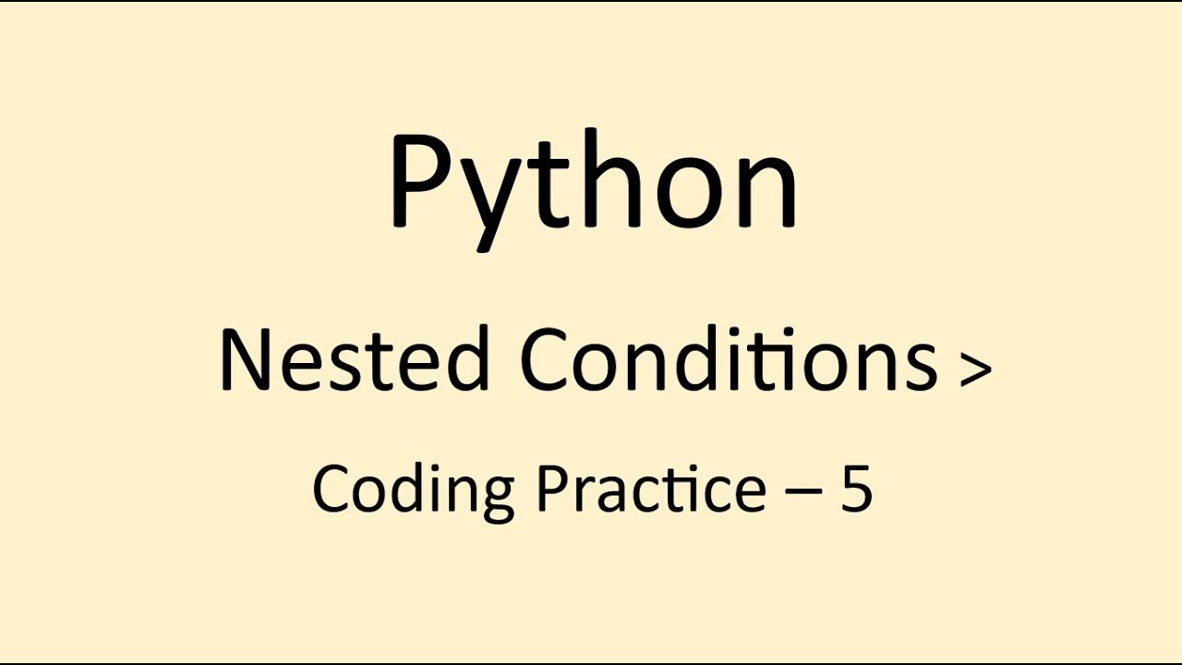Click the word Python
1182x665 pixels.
(x=593, y=185)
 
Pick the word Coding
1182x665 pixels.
(x=413, y=490)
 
